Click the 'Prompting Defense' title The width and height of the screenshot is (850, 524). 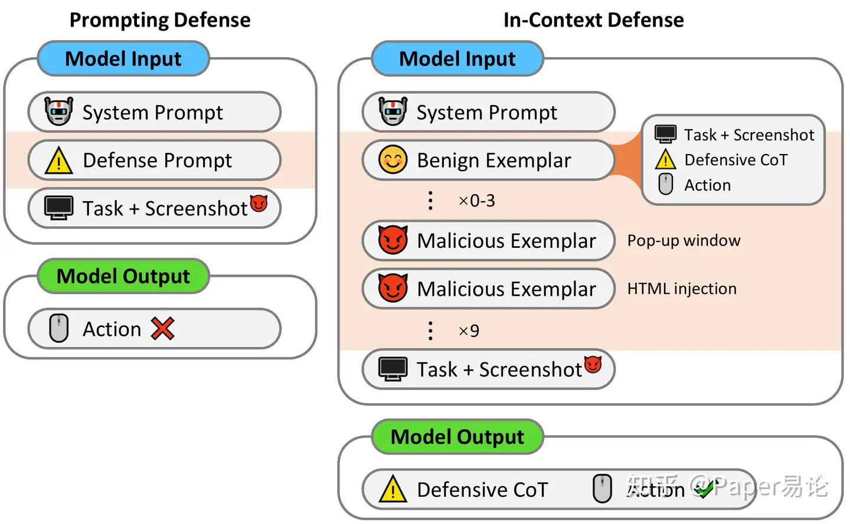click(x=160, y=20)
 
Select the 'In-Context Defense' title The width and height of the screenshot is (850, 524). click(x=593, y=20)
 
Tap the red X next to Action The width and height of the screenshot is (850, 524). click(x=162, y=329)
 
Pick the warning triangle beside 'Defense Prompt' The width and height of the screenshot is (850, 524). click(x=59, y=161)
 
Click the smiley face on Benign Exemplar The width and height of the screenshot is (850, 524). click(x=393, y=160)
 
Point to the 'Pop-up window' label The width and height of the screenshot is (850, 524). click(x=684, y=241)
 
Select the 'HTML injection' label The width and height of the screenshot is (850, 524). click(x=682, y=289)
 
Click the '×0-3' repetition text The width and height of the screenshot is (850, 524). click(x=477, y=201)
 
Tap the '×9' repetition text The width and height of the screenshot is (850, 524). click(x=469, y=331)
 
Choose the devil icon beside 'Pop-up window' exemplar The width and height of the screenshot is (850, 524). click(x=393, y=240)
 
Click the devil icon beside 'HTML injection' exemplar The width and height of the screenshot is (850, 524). click(x=393, y=288)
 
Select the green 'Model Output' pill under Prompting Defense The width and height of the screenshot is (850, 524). click(x=123, y=276)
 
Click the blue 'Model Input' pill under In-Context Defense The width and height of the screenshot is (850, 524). click(x=457, y=59)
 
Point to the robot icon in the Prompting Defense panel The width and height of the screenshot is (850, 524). click(x=59, y=112)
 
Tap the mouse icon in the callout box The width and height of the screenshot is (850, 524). click(x=665, y=185)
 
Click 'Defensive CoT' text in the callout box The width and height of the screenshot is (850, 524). click(x=735, y=160)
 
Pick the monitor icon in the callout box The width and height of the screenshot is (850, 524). click(x=665, y=135)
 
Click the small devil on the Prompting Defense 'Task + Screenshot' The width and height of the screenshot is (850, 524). click(x=259, y=204)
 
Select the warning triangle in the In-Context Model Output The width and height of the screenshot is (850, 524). click(x=393, y=490)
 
